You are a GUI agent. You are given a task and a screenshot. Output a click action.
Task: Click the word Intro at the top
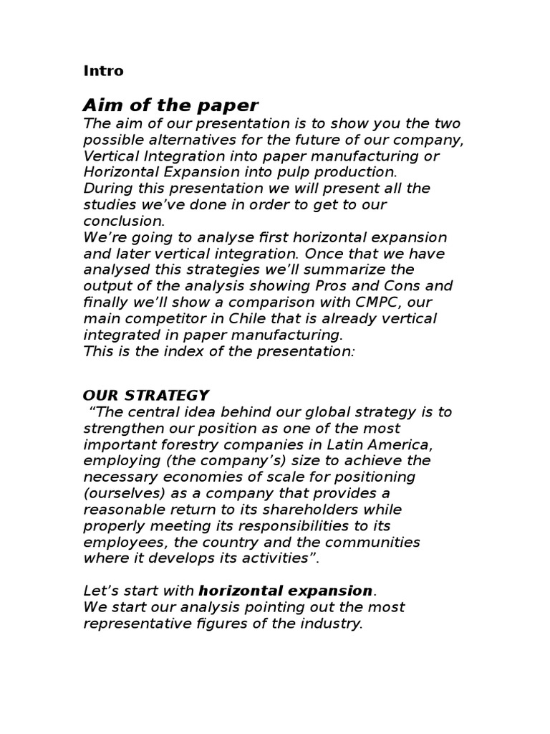(103, 71)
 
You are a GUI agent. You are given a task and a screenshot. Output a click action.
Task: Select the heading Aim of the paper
(170, 105)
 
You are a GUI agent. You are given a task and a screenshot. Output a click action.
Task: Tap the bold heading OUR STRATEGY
(146, 395)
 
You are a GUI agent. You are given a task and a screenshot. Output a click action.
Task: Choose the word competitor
(165, 318)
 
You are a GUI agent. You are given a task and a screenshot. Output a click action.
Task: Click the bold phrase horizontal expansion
(286, 591)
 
